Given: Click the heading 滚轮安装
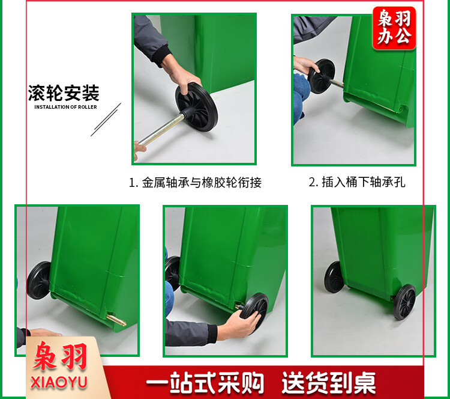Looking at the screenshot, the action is pyautogui.click(x=64, y=93).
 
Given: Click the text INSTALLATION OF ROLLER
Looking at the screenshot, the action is pyautogui.click(x=66, y=107).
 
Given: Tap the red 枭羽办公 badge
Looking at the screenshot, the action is pyautogui.click(x=394, y=28).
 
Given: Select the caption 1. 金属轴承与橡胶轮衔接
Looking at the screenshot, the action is pyautogui.click(x=195, y=182).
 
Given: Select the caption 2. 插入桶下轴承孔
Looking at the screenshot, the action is pyautogui.click(x=357, y=182).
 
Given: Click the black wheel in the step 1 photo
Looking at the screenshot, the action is pyautogui.click(x=197, y=107).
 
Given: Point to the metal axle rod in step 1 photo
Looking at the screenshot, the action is pyautogui.click(x=161, y=130).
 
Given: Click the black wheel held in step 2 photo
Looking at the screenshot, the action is pyautogui.click(x=322, y=76).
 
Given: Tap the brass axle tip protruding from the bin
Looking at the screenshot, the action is pyautogui.click(x=116, y=320).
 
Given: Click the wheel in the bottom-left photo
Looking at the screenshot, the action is pyautogui.click(x=39, y=280).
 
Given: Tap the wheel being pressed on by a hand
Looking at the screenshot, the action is pyautogui.click(x=254, y=310).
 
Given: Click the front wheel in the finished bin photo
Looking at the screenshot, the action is pyautogui.click(x=404, y=302).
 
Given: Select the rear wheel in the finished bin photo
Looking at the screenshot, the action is pyautogui.click(x=334, y=277).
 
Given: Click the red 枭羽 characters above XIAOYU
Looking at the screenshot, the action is pyautogui.click(x=60, y=357).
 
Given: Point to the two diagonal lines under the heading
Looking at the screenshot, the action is pyautogui.click(x=106, y=120).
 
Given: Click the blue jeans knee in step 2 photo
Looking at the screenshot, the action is pyautogui.click(x=301, y=98).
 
